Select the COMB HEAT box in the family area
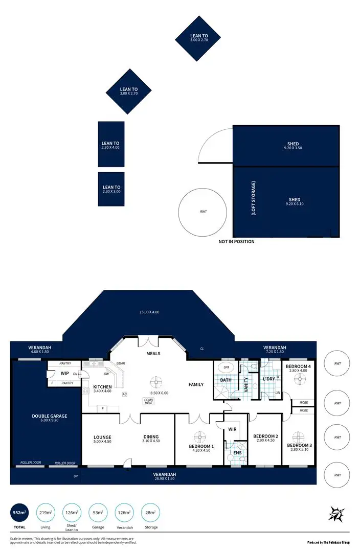(149, 401)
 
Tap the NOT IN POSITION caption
(236, 242)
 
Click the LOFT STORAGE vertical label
(254, 198)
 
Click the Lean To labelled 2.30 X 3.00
(111, 189)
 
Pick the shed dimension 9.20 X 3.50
(293, 148)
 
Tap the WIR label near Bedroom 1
(232, 429)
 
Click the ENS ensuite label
(237, 453)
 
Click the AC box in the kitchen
(125, 394)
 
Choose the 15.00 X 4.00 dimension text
(149, 312)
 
